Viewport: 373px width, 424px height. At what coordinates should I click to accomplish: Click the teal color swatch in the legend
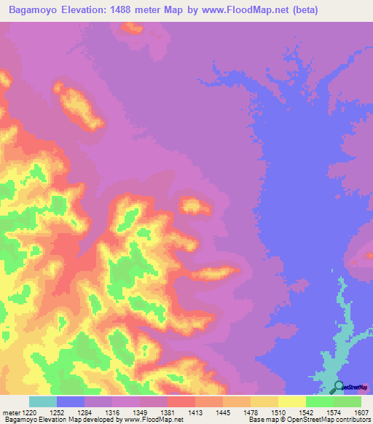43,401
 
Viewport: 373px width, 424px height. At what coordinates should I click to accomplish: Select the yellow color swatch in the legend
292,401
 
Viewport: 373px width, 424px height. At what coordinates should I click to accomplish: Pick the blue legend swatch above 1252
71,401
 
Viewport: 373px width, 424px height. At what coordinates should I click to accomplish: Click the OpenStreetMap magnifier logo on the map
338,386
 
